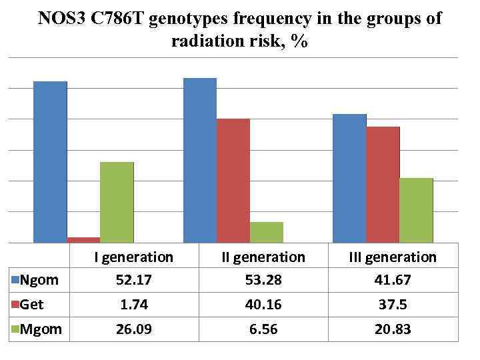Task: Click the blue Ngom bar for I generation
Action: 50,161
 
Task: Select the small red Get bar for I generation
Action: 83,239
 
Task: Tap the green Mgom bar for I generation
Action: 117,202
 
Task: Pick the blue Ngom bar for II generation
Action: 199,160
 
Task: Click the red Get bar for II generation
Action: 233,181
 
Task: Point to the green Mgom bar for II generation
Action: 266,232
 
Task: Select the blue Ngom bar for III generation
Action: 349,178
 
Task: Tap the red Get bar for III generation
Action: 383,184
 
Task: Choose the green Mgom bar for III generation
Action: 416,210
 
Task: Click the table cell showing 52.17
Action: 133,281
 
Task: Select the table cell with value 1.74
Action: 133,305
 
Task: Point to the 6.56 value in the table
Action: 264,329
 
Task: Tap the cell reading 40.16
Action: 264,305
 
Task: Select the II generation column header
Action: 264,257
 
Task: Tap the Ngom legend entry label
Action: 39,280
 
